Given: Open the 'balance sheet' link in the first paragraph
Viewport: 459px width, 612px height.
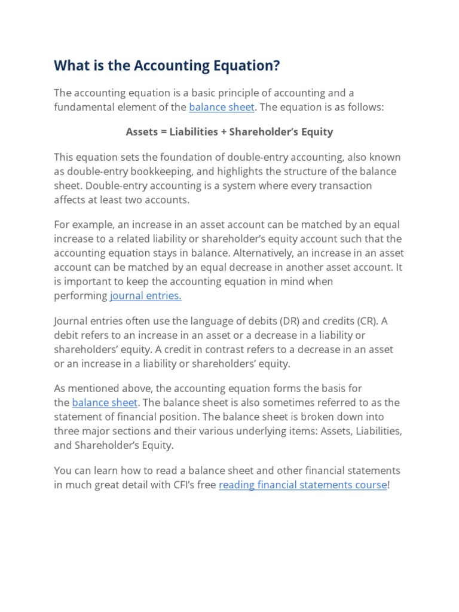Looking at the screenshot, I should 221,108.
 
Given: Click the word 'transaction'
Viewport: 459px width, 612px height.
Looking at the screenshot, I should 342,186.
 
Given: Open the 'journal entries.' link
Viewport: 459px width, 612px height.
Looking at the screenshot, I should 145,296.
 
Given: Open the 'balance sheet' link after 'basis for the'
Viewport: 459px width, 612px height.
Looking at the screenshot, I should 105,402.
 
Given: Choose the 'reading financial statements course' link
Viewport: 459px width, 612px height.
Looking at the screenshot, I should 302,485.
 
